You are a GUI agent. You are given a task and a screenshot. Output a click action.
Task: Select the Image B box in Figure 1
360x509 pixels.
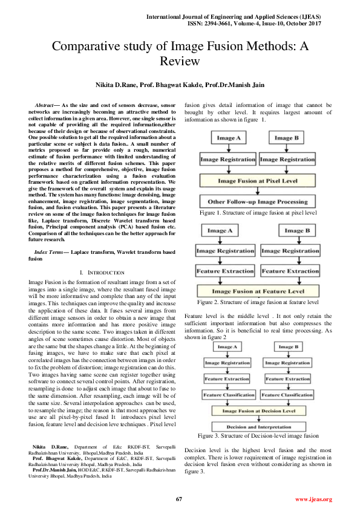tap(284, 138)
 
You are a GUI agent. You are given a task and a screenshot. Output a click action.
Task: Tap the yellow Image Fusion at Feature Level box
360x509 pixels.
tap(257, 291)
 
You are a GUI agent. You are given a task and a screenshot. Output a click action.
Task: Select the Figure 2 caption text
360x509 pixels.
tap(257, 302)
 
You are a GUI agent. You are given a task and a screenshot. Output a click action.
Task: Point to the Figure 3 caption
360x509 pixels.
tap(258, 435)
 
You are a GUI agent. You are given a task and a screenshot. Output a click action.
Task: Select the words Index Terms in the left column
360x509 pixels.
tap(51, 250)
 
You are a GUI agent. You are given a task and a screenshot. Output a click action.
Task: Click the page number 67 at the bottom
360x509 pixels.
tap(179, 499)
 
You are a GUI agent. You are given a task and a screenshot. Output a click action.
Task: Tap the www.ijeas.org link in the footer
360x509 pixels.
tap(313, 499)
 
